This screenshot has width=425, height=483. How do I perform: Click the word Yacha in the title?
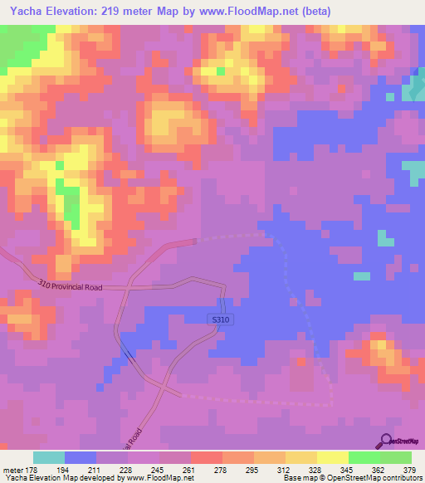point(26,12)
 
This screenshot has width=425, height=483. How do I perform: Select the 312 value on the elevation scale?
point(285,469)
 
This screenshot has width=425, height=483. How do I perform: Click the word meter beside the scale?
point(11,469)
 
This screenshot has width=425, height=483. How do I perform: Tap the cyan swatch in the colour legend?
point(48,457)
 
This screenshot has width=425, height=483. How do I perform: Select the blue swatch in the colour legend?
point(80,457)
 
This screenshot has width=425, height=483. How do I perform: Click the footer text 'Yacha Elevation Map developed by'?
point(58,478)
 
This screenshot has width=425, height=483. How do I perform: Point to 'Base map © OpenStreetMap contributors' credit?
point(351,478)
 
